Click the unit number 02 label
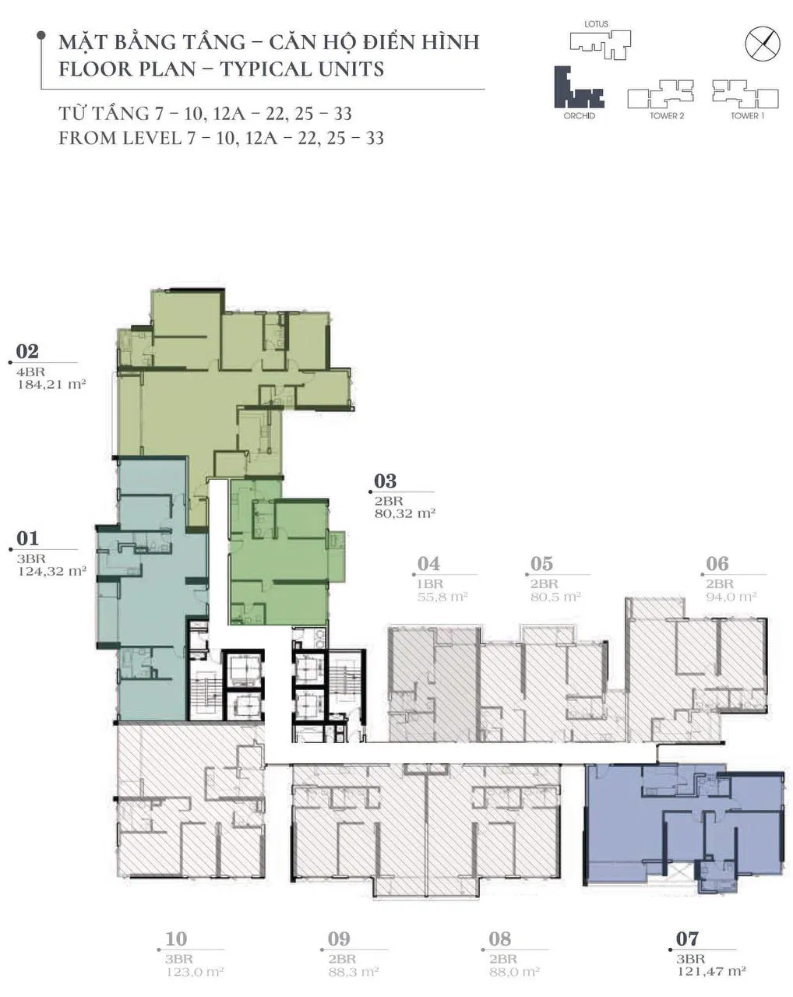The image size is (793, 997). tap(27, 351)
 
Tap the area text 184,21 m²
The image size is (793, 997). tap(52, 384)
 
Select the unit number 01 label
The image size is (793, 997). tap(27, 539)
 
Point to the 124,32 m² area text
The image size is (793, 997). tap(52, 571)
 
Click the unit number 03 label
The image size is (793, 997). tap(385, 481)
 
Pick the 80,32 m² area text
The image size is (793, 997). tap(404, 513)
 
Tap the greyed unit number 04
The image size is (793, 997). tap(428, 564)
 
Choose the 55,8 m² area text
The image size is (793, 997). tap(442, 597)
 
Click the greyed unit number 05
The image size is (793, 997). tap(541, 564)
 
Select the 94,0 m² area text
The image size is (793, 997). tap(731, 597)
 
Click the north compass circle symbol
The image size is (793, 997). tap(763, 44)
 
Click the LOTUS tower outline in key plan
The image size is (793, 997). tap(600, 45)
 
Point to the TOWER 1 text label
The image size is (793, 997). tap(747, 116)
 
